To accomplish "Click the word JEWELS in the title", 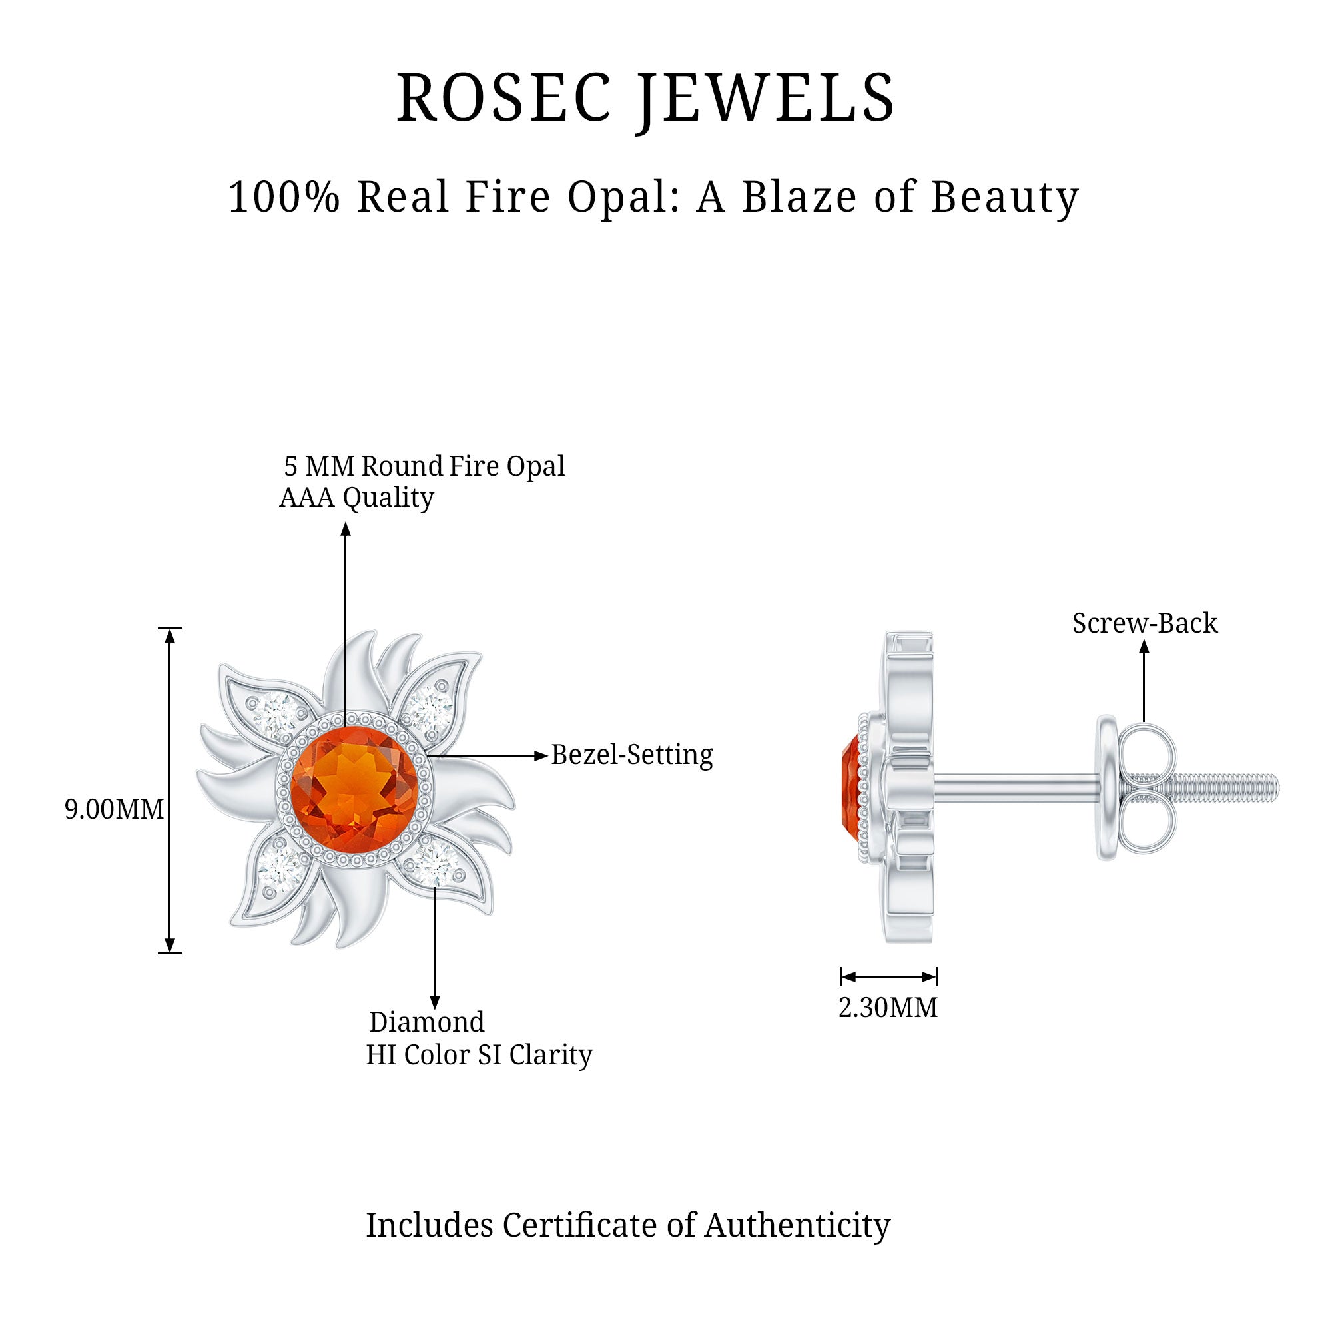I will (x=765, y=98).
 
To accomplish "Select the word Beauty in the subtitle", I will (x=1004, y=197).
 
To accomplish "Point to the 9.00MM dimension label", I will (x=114, y=809).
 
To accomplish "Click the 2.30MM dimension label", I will (x=888, y=1008).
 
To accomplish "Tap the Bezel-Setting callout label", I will (x=631, y=755).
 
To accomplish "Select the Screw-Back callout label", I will (x=1144, y=623).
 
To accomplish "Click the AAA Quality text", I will (x=356, y=497).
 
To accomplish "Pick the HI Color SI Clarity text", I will (x=478, y=1054).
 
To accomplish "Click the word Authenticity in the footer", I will (x=797, y=1225).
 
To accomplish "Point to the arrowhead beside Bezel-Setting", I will (x=541, y=756).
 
